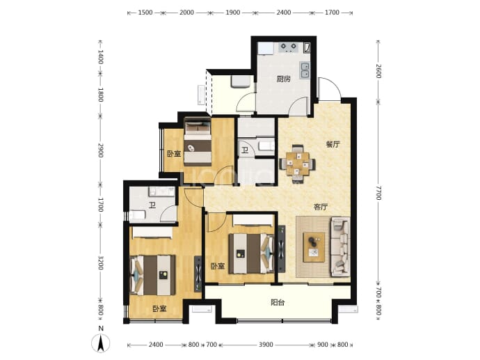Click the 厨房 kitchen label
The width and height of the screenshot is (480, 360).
pos(283,79)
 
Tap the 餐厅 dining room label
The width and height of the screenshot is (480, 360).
pos(333,144)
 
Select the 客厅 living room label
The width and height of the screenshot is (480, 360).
pos(321,207)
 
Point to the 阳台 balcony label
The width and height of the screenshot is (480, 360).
pos(278,302)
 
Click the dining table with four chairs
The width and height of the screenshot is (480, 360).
pos(298,164)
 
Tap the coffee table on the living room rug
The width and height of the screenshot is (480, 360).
pos(314,247)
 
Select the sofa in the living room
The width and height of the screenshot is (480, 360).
pos(340,246)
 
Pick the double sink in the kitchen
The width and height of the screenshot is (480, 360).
pos(305,70)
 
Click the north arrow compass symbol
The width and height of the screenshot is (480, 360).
pos(100,343)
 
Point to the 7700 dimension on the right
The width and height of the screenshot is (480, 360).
pos(378,193)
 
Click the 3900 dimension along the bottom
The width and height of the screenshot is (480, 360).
pos(266,345)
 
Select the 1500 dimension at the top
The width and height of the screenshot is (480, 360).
pos(145,13)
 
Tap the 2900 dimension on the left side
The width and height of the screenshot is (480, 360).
pos(100,150)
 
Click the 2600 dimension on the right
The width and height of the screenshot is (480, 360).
pos(378,71)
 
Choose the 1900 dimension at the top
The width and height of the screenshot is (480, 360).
pos(232,13)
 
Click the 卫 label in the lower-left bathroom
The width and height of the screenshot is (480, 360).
pos(152,205)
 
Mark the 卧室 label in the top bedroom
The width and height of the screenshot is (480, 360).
pos(174,153)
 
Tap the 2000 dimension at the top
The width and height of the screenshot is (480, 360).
pos(186,13)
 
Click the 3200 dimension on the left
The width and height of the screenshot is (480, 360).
pos(100,263)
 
